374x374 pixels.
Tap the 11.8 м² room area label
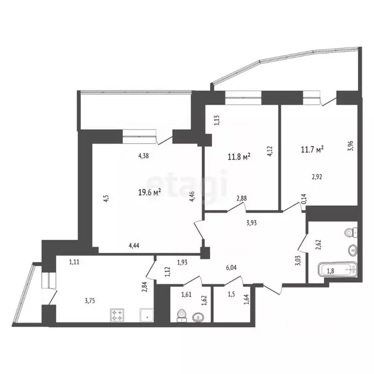tap(239, 157)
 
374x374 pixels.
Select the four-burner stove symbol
tap(117, 315)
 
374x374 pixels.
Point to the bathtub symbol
tap(337, 270)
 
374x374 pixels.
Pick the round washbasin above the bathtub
tap(352, 251)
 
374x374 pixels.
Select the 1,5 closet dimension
tap(232, 294)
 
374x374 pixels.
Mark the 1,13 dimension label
tap(218, 119)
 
